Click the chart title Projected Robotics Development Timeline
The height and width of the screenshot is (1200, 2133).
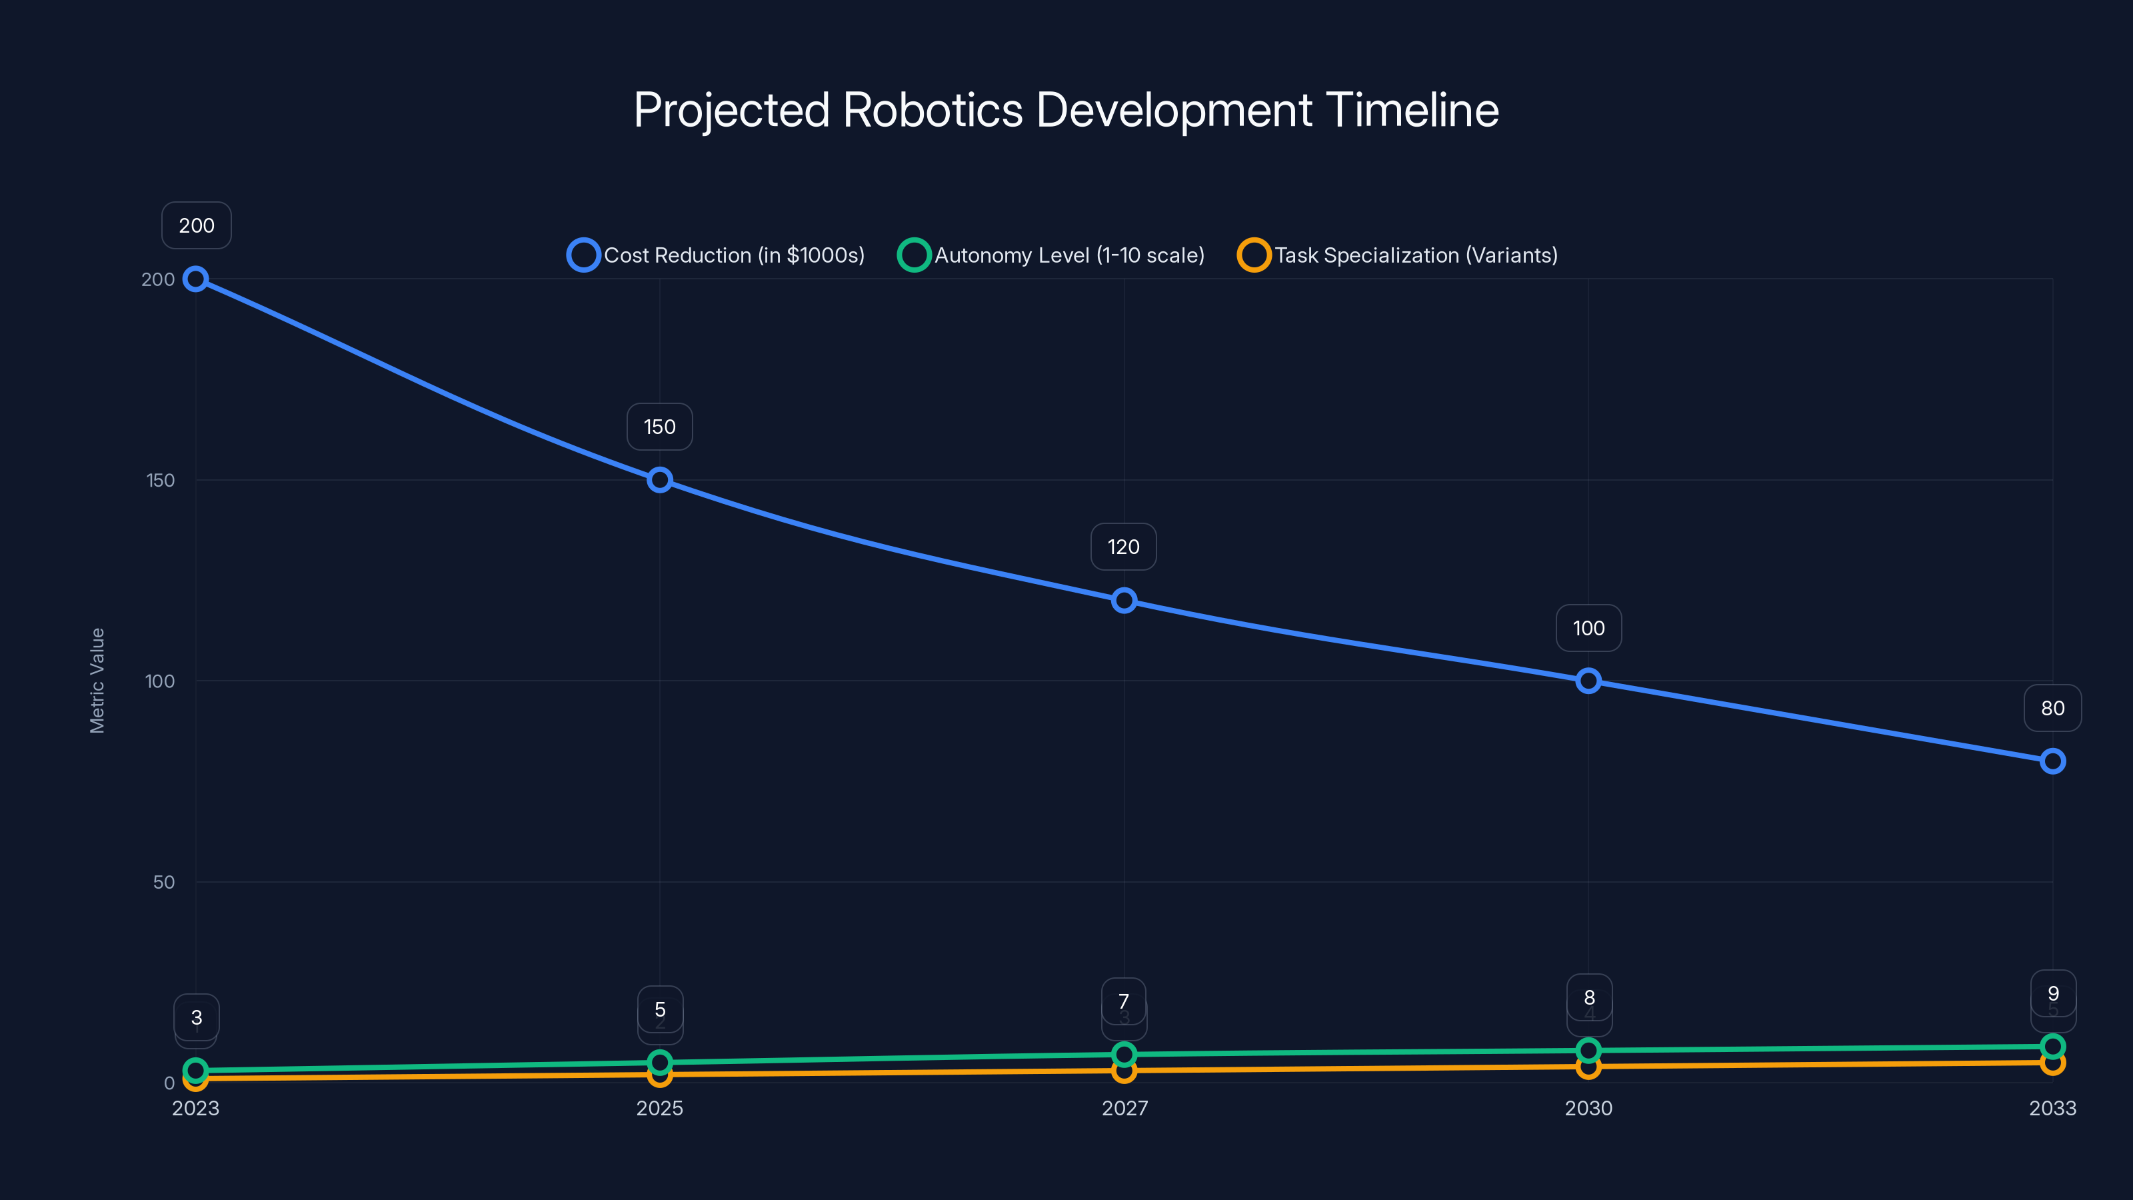tap(1066, 110)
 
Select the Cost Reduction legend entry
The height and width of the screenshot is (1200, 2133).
tap(717, 255)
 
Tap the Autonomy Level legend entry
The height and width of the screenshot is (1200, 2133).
tap(1052, 255)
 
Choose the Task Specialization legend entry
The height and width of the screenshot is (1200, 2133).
tap(1398, 255)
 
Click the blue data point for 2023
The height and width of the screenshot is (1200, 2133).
tap(195, 279)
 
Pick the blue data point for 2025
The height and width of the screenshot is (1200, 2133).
tap(660, 480)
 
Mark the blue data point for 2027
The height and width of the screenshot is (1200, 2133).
tap(1124, 601)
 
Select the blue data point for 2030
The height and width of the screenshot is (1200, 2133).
tap(1588, 681)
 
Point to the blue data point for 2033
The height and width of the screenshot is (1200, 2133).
tap(2053, 761)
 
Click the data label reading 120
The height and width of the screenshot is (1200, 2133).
tap(1124, 547)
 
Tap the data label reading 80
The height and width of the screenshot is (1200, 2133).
tap(2053, 708)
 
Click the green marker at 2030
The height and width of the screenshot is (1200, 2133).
tap(1588, 1050)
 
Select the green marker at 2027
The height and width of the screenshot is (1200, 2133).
tap(1124, 1054)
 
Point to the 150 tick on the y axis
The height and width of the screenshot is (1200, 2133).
tap(161, 480)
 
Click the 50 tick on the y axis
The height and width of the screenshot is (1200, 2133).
tap(164, 882)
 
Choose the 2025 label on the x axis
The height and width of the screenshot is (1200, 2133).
tap(660, 1108)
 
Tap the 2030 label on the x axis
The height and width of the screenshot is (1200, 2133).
tap(1588, 1108)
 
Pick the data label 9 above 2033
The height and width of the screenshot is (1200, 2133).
tap(2053, 993)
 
